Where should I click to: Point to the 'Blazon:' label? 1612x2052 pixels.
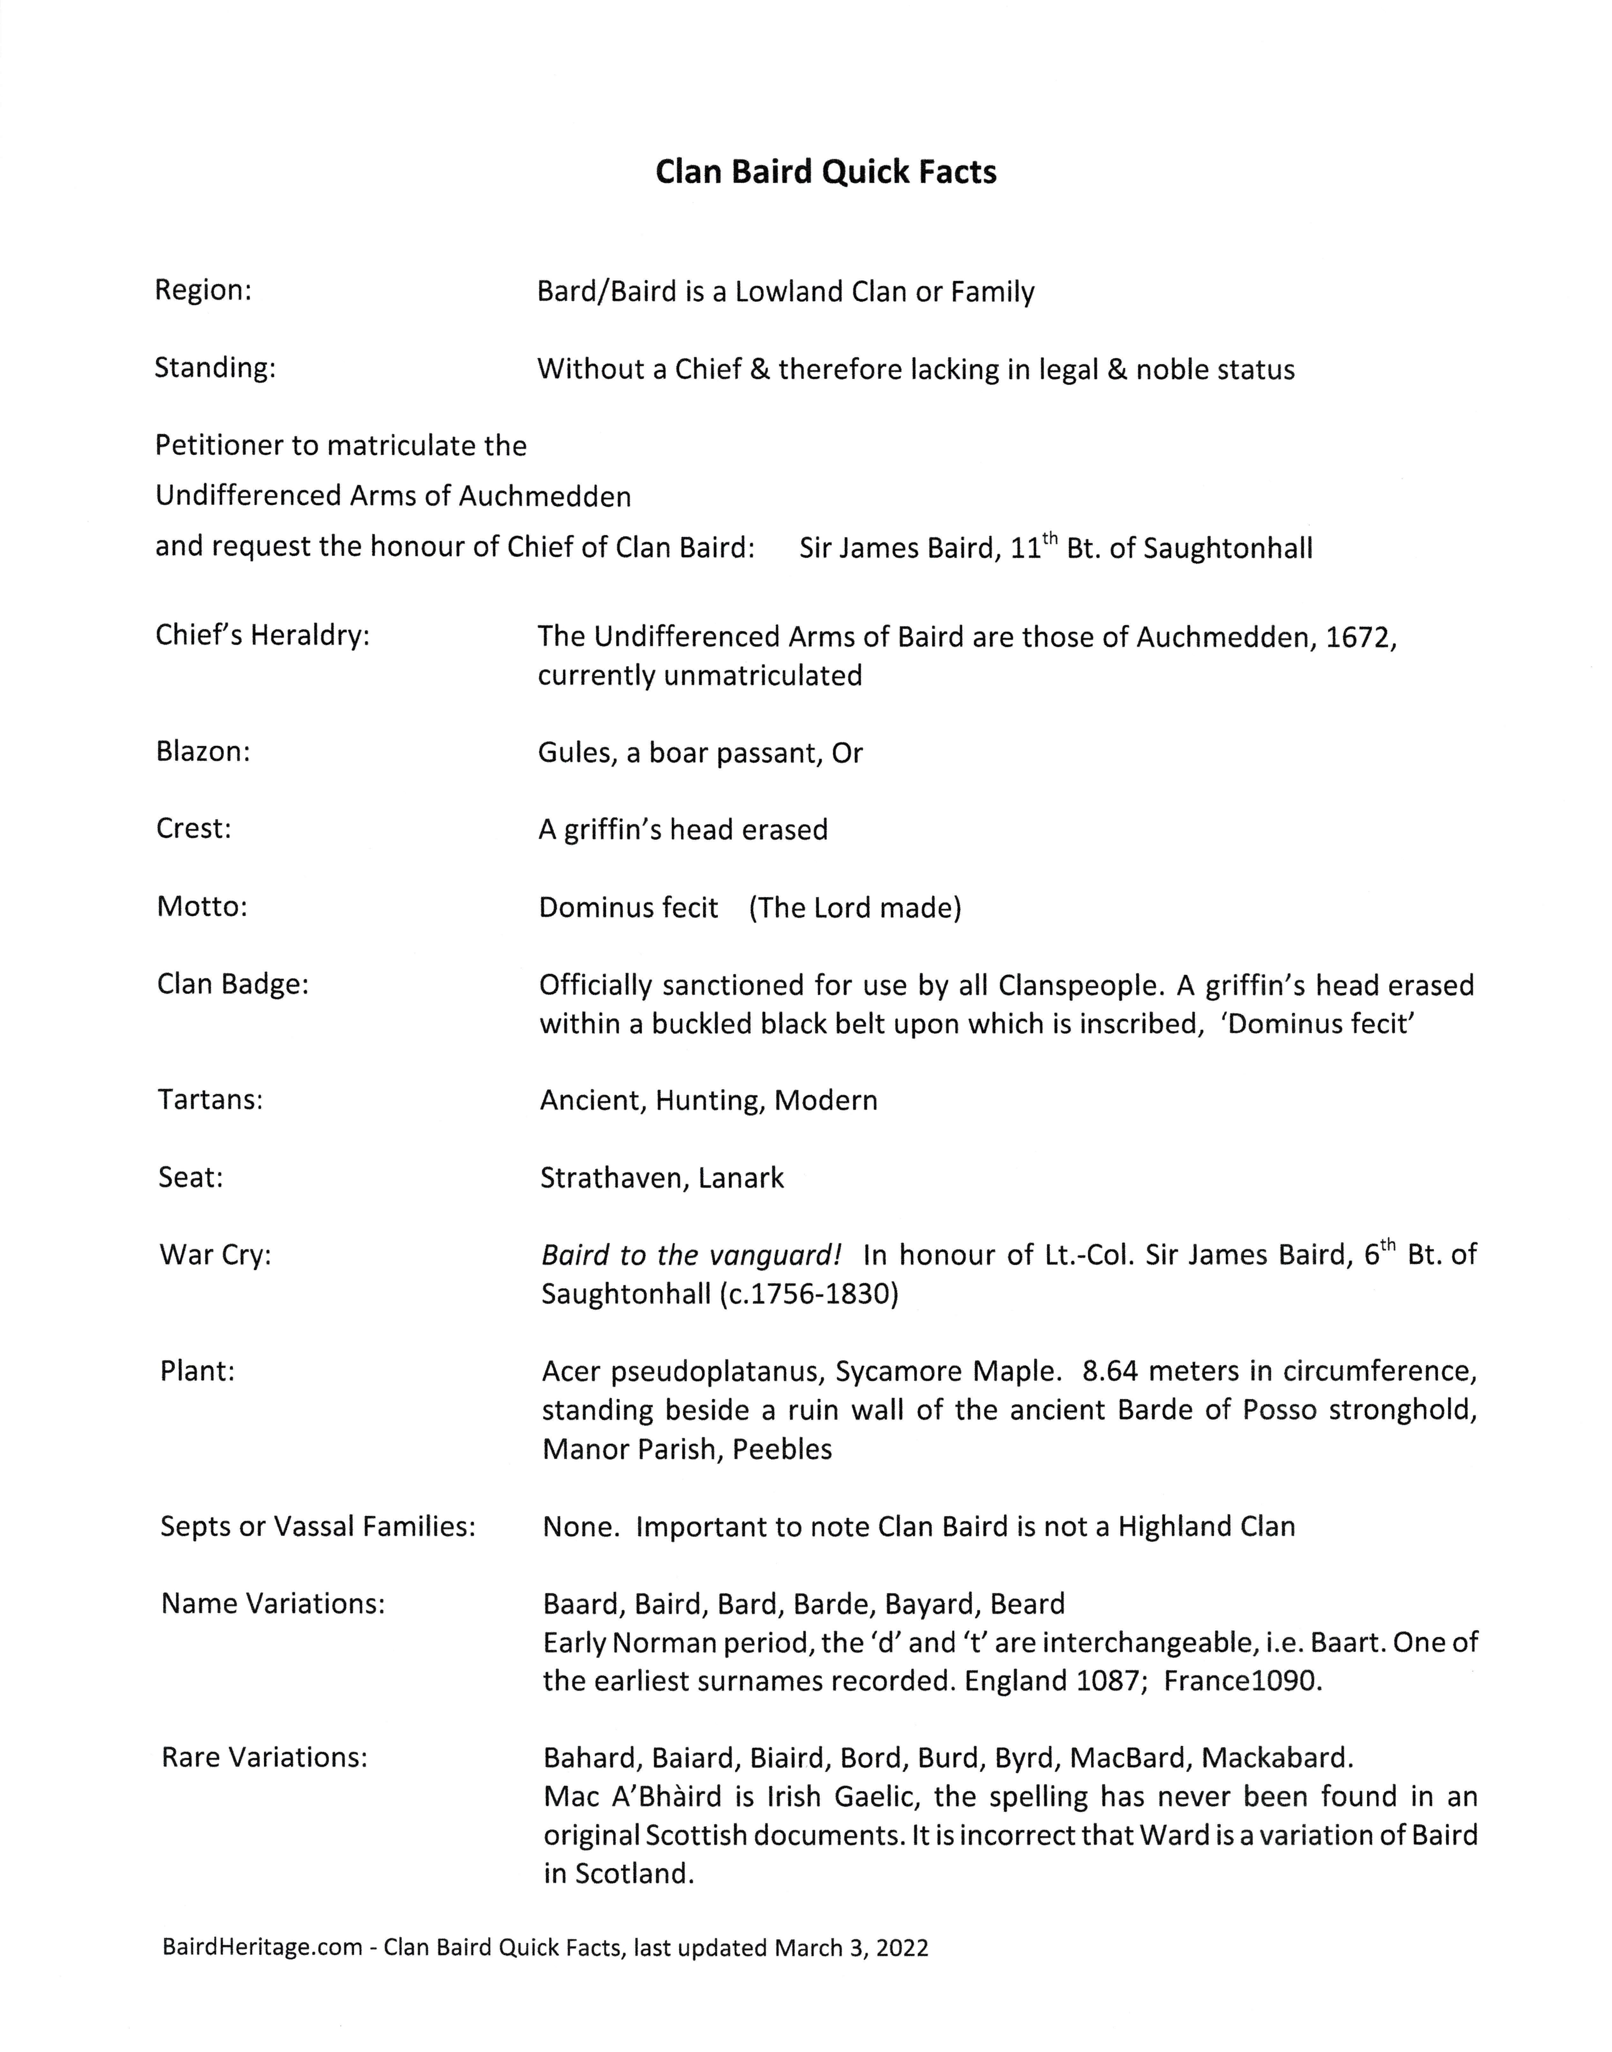pos(203,752)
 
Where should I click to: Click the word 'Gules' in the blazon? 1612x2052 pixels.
pos(573,753)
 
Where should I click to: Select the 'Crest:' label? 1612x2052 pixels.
pos(193,828)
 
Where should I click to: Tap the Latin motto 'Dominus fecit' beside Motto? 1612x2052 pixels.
pos(629,907)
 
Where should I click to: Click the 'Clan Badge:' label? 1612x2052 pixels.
pos(233,984)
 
